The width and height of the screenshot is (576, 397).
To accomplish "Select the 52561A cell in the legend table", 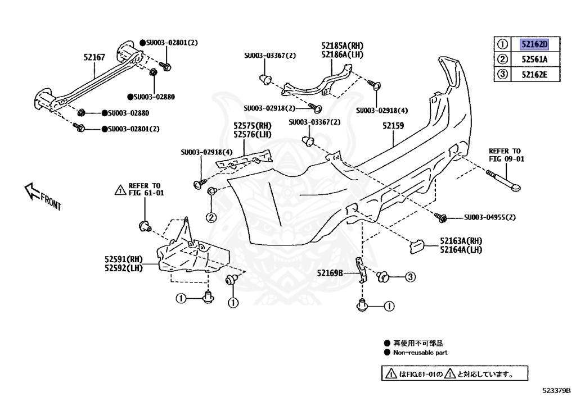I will pos(534,59).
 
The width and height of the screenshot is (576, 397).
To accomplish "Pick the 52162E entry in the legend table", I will pos(534,74).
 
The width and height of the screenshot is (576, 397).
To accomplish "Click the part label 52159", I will pos(394,127).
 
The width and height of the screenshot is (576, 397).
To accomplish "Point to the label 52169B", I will pos(330,273).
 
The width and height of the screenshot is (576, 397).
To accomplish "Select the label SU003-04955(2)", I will pos(490,217).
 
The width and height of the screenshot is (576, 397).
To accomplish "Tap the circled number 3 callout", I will pos(410,276).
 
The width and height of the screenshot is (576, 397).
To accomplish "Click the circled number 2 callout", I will pos(210,217).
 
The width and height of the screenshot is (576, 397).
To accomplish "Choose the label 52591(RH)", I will pos(123,259).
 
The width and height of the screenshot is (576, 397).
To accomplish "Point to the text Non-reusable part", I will pos(421,353).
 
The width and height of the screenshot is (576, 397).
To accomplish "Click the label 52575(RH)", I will pos(253,127).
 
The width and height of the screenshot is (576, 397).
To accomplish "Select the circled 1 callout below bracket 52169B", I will pos(390,306).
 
